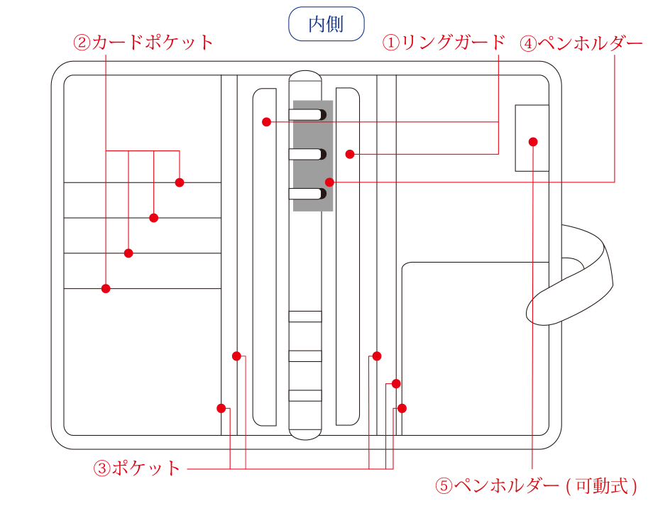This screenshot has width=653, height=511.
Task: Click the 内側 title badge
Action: [326, 23]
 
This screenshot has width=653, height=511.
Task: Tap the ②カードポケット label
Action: [143, 43]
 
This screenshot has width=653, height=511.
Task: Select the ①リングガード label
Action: [444, 43]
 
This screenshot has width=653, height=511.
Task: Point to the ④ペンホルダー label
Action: [581, 43]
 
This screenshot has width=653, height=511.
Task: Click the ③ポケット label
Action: [136, 468]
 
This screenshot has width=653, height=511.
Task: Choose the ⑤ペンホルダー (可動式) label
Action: [537, 485]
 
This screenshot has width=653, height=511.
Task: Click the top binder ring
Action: [307, 114]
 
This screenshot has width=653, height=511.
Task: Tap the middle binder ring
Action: [307, 154]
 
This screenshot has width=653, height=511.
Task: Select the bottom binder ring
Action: [307, 194]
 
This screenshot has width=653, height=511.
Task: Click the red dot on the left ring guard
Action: [267, 121]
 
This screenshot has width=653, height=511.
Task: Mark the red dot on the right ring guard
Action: [350, 154]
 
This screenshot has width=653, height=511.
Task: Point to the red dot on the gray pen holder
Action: [329, 182]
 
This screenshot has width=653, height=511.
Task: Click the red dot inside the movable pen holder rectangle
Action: [533, 142]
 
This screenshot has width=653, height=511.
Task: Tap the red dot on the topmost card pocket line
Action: [180, 182]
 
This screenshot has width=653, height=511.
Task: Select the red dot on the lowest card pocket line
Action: [106, 288]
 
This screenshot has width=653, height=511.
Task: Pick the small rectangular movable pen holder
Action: [532, 138]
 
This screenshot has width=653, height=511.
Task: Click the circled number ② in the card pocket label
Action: [82, 43]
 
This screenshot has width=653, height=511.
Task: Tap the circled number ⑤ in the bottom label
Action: [444, 486]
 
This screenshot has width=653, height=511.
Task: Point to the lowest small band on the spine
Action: [305, 395]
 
